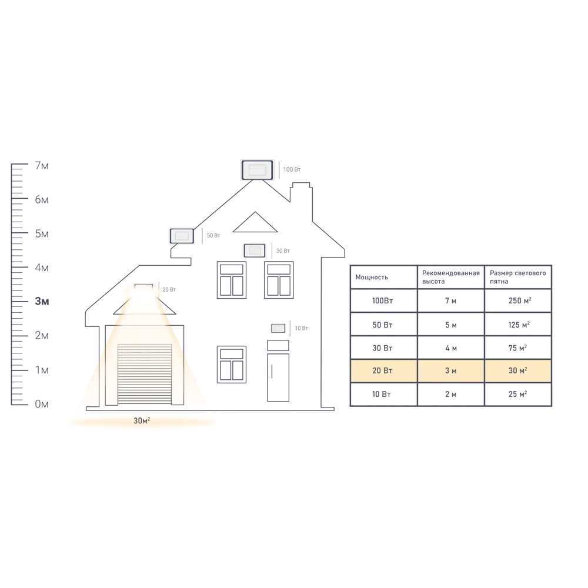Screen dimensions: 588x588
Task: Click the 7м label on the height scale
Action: (x=42, y=165)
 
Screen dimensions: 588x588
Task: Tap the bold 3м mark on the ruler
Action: (x=42, y=301)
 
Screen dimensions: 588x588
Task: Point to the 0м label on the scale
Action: (x=42, y=404)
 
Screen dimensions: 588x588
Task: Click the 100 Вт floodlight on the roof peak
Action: (x=258, y=170)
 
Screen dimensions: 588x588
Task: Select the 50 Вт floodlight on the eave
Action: (x=182, y=236)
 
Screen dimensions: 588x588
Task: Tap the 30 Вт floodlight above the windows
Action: (x=255, y=250)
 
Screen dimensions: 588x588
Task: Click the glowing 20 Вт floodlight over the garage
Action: (x=143, y=288)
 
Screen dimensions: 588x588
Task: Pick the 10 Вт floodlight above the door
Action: (x=278, y=329)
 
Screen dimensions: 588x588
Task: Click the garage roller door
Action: (x=145, y=374)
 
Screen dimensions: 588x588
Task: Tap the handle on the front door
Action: (x=272, y=372)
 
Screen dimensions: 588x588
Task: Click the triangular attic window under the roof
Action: (x=255, y=222)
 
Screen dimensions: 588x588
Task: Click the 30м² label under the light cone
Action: (x=142, y=421)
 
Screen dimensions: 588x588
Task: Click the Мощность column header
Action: (x=372, y=277)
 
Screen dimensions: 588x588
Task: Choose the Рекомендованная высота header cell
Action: (x=451, y=277)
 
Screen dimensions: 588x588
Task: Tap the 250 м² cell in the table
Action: (x=520, y=300)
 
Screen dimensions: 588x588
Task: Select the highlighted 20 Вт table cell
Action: (x=383, y=370)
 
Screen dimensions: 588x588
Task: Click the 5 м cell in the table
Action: (x=451, y=325)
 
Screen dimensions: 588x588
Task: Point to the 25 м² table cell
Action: (x=517, y=394)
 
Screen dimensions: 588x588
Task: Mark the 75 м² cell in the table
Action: (x=517, y=348)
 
